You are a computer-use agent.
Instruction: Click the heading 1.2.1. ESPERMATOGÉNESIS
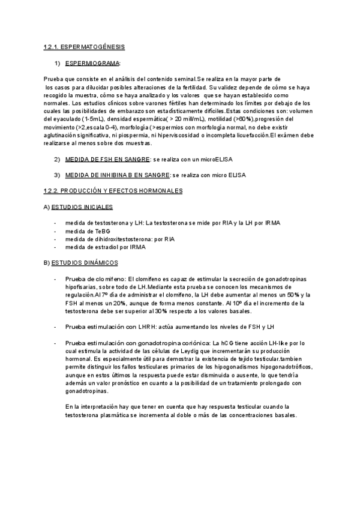(84, 47)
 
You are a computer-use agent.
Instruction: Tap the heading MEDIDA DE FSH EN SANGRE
(106, 159)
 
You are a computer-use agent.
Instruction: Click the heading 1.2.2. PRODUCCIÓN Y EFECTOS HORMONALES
(113, 190)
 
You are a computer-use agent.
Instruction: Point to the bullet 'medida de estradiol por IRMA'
(104, 246)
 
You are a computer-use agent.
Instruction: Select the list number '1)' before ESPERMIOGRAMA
(58, 62)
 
